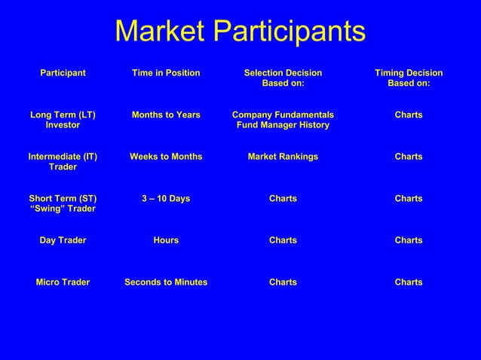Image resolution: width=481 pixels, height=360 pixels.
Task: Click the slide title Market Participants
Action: coord(240,32)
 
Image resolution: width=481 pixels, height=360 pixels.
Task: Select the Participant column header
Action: coord(63,73)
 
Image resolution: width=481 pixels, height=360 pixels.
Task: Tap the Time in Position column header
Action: coord(166,73)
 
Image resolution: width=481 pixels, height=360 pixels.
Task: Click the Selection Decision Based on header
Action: coord(283,78)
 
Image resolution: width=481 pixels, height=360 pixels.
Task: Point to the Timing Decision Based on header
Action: coord(409,78)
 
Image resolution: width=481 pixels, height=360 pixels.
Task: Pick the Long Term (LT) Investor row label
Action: coord(63,120)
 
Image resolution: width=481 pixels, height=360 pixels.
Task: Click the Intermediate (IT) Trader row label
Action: coord(63,161)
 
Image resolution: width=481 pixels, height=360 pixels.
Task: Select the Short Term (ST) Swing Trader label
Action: coord(63,203)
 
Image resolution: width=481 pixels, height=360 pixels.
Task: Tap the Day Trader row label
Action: coord(63,240)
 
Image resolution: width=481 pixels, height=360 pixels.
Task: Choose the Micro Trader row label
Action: coord(63,282)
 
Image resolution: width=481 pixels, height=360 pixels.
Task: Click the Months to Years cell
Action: coord(166,115)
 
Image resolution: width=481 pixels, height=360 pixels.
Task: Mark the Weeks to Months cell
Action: coord(166,157)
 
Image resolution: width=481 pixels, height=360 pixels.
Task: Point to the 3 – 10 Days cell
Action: coord(166,199)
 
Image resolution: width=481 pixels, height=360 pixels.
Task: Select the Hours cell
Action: coord(166,240)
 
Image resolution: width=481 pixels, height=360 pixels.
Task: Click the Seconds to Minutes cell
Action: coord(166,282)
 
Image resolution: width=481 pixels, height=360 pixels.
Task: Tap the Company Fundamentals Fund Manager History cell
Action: coord(283,120)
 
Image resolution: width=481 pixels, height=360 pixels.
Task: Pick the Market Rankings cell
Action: coord(283,157)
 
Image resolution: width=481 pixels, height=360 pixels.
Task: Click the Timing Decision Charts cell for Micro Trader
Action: coord(409,282)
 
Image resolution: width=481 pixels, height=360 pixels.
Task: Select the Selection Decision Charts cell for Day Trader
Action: coord(283,240)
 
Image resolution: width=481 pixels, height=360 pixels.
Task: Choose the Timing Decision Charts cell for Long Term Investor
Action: coord(409,115)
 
